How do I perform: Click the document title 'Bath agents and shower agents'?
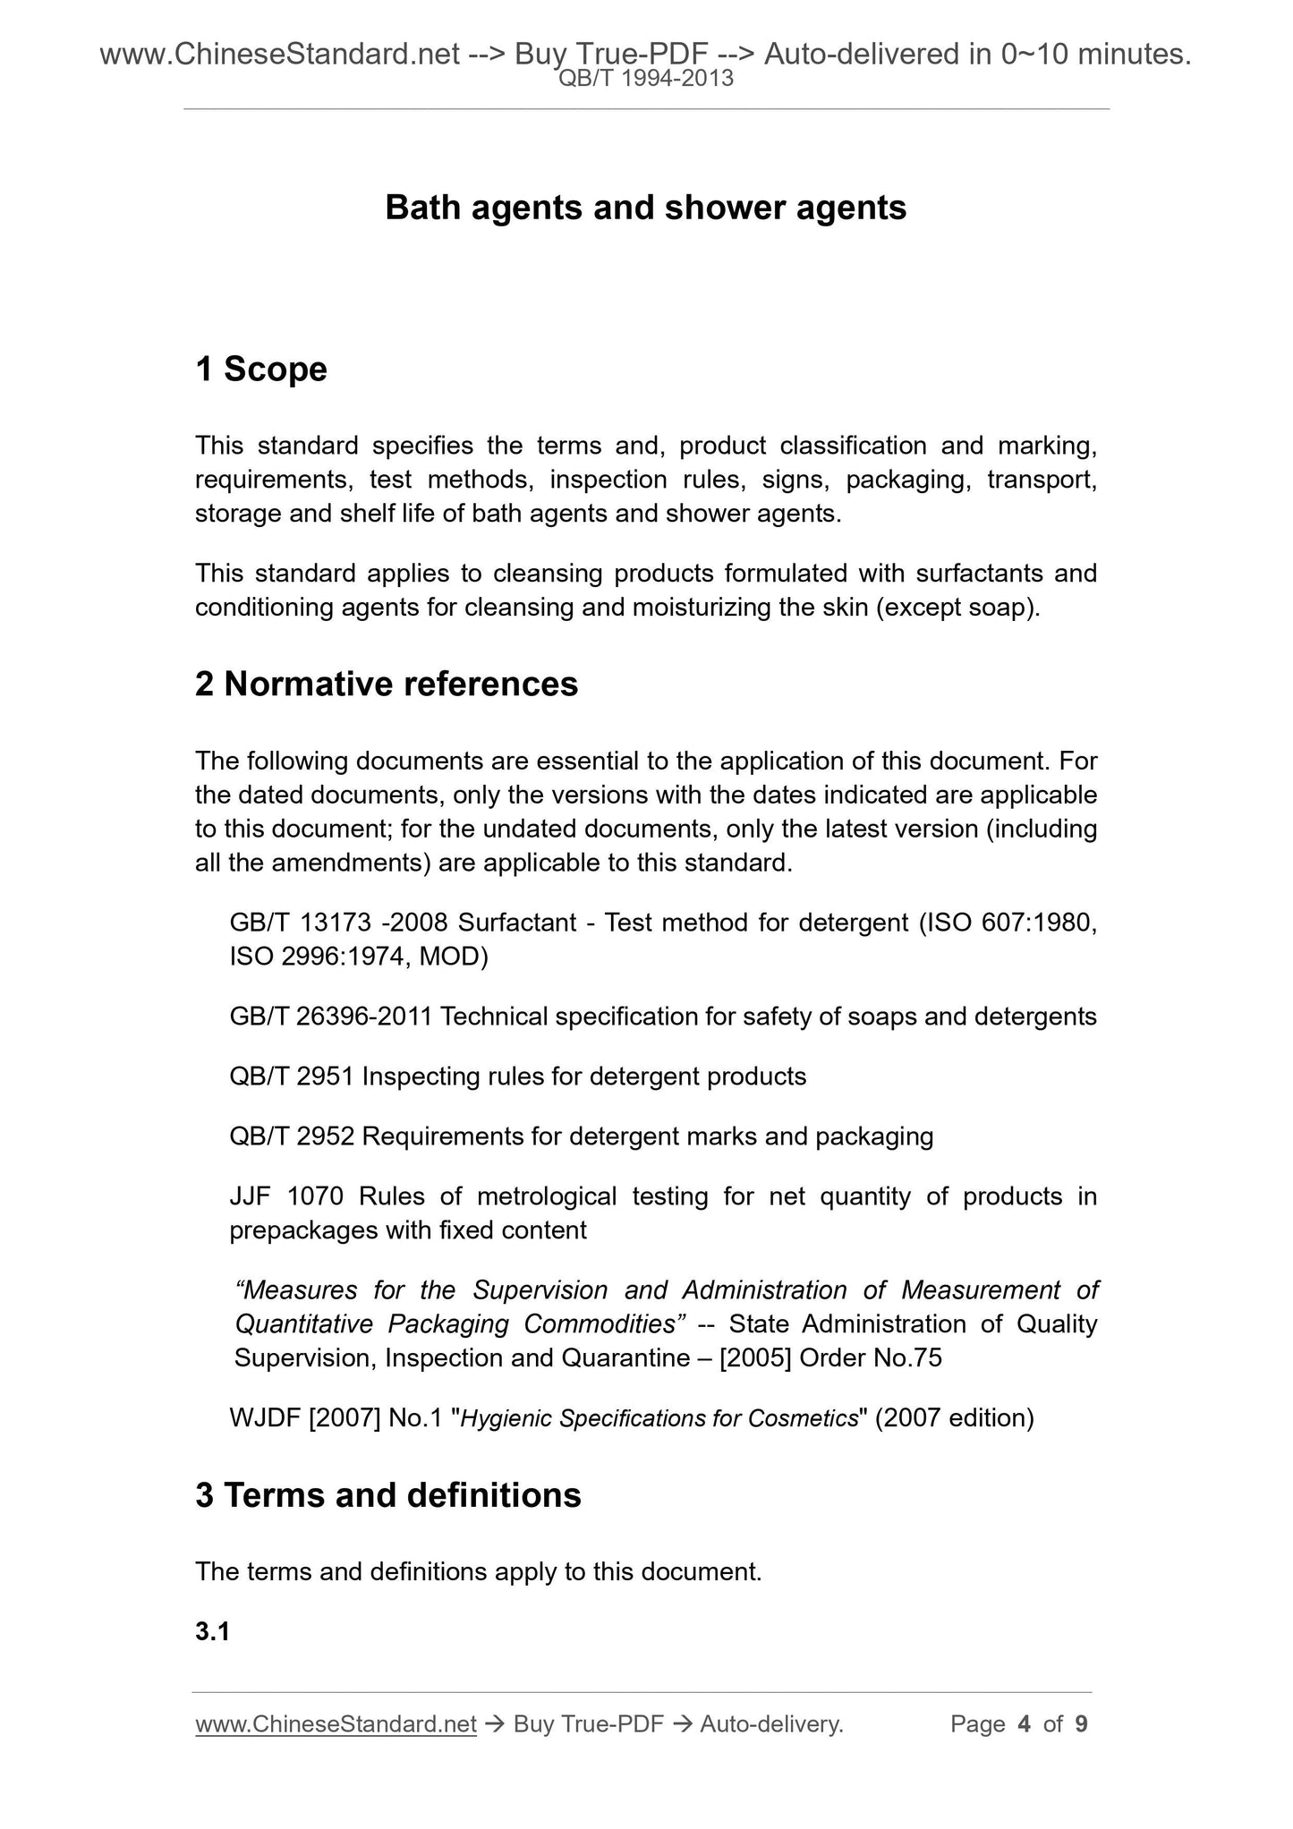[645, 208]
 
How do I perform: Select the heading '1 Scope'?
[261, 369]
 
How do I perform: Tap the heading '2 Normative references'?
[387, 684]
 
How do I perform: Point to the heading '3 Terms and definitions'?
[388, 1495]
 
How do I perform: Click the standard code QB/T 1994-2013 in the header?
[645, 79]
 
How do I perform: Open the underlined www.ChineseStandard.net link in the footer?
[336, 1724]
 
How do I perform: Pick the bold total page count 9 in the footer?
[1081, 1724]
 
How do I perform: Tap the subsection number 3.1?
[213, 1632]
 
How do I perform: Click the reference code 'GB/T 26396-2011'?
[331, 1017]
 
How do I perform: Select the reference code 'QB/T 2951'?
[292, 1076]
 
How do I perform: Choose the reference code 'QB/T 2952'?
[292, 1136]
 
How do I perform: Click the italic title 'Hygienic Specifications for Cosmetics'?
[659, 1418]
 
